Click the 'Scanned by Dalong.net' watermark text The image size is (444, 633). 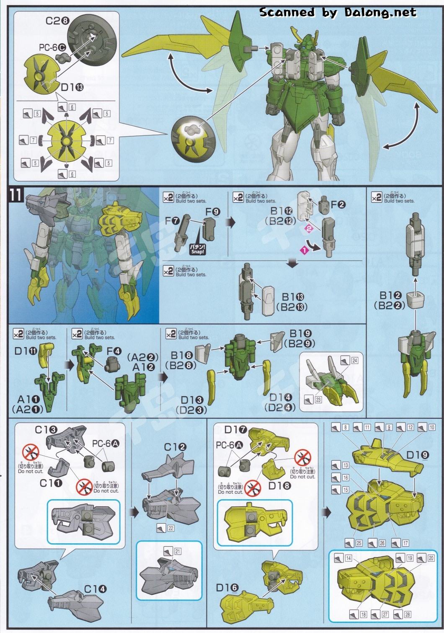click(x=338, y=12)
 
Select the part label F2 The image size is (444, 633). click(x=338, y=205)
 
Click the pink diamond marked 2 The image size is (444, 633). click(x=309, y=228)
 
